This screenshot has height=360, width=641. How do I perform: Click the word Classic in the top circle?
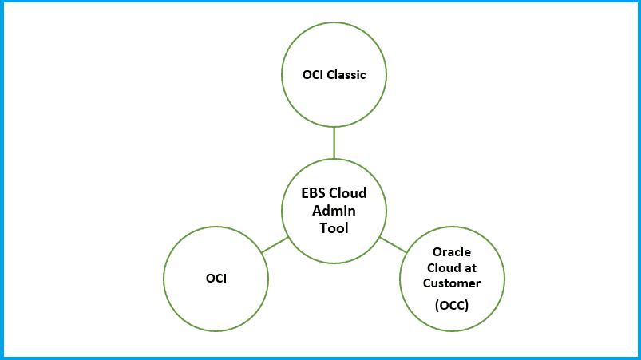point(346,75)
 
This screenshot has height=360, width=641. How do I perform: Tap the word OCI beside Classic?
point(313,75)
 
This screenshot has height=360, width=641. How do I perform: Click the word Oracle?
point(452,251)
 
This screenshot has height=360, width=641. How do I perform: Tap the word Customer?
point(452,283)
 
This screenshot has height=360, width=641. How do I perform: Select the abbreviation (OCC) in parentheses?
point(452,305)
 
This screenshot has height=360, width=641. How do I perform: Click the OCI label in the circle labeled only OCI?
point(216,279)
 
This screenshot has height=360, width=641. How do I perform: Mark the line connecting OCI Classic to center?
point(334,142)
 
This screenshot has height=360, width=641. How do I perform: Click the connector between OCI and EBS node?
point(275,245)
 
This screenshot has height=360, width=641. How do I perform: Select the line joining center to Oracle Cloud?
point(393,244)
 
